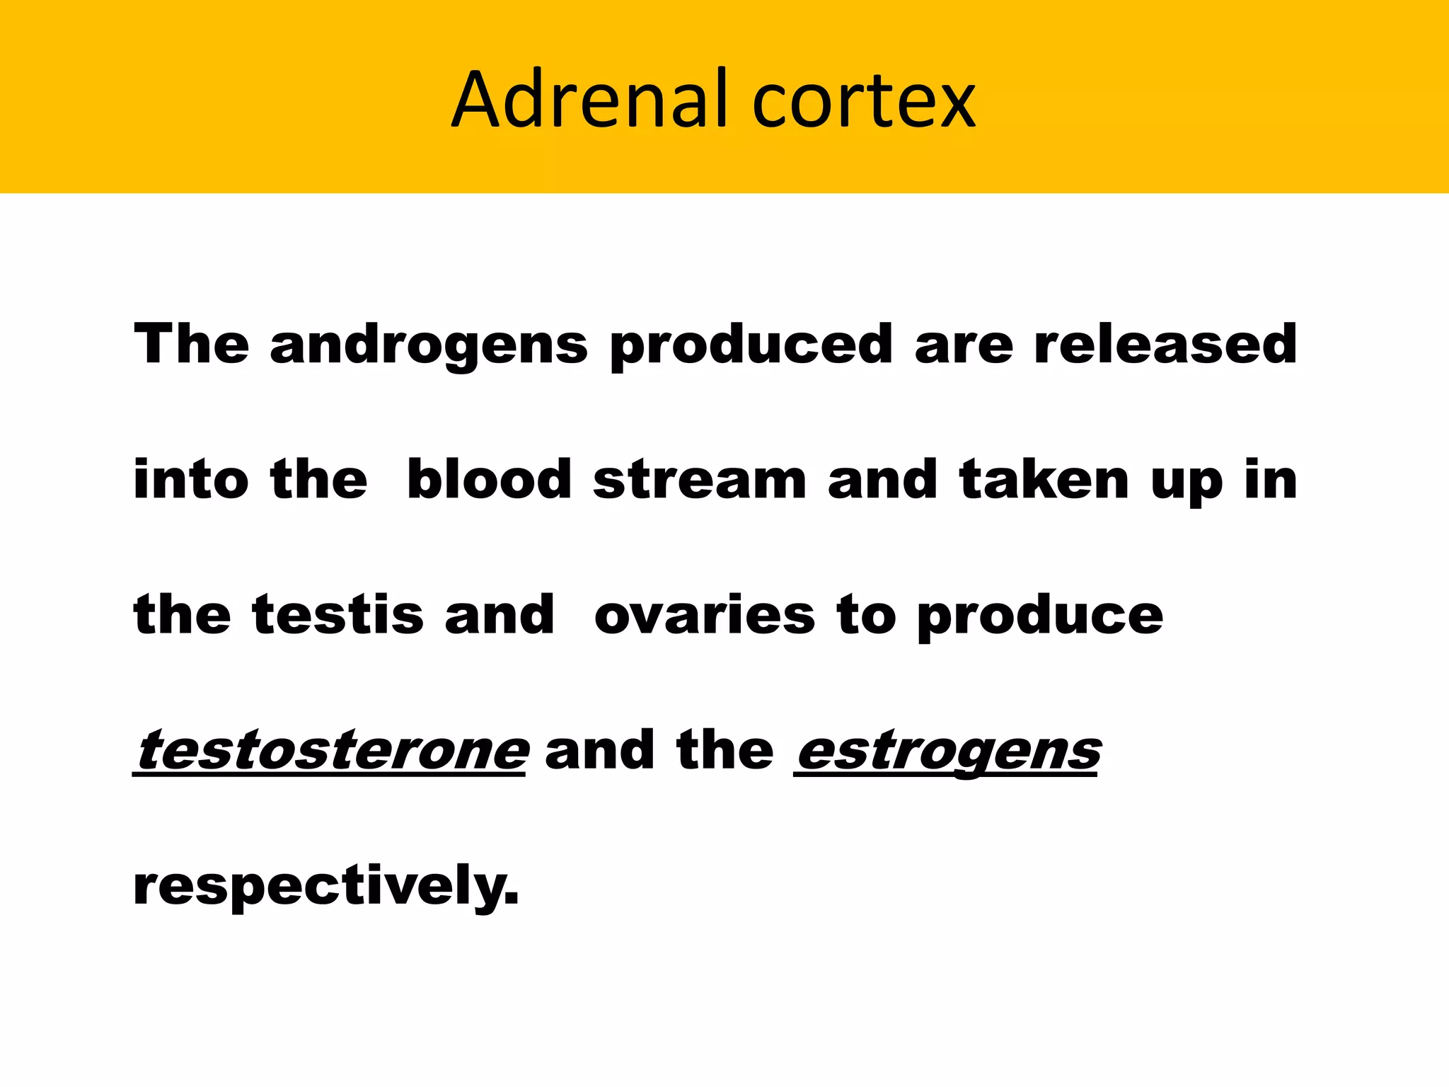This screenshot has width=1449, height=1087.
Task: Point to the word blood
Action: pyautogui.click(x=489, y=480)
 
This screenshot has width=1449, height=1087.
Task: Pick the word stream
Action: pyautogui.click(x=700, y=480)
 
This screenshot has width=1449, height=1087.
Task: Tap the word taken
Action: pyautogui.click(x=1044, y=480)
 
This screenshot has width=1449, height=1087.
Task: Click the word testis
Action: pyautogui.click(x=337, y=614)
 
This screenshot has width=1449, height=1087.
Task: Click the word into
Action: pyautogui.click(x=191, y=480)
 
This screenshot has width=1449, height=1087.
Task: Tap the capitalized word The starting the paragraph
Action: pyautogui.click(x=191, y=344)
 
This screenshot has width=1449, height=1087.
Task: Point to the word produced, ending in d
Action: pyautogui.click(x=751, y=345)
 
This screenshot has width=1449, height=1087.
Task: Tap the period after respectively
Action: pyautogui.click(x=512, y=900)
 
